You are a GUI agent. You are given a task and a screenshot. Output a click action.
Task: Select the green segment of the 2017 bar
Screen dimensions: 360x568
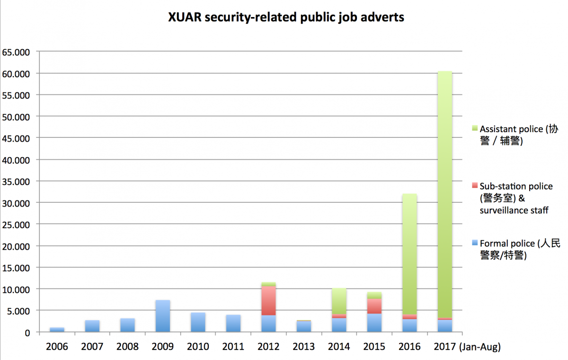click(x=445, y=189)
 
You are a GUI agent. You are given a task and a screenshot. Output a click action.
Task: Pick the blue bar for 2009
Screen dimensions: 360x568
click(x=163, y=316)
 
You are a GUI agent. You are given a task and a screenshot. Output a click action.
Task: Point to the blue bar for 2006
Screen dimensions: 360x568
click(x=57, y=329)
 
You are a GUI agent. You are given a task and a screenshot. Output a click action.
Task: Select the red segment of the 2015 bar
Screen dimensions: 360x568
click(x=374, y=306)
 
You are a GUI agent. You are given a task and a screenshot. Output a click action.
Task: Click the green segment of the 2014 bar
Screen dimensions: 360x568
click(x=339, y=301)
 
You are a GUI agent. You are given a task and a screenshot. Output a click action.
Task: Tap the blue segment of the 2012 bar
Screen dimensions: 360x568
click(x=269, y=324)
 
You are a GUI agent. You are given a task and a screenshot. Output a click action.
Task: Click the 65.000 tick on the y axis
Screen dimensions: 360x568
click(x=16, y=52)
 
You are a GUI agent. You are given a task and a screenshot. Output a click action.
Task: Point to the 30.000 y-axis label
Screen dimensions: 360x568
click(x=16, y=203)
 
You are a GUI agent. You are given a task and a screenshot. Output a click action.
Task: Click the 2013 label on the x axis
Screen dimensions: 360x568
click(x=304, y=347)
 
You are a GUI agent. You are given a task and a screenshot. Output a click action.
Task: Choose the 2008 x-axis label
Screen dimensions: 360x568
click(x=127, y=347)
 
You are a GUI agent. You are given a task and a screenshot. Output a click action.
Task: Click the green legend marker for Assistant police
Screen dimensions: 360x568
click(x=475, y=129)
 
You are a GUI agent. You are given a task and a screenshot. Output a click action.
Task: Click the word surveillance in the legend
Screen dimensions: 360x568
click(x=503, y=210)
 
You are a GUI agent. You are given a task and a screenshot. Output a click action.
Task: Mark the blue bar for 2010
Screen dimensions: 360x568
click(x=198, y=322)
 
